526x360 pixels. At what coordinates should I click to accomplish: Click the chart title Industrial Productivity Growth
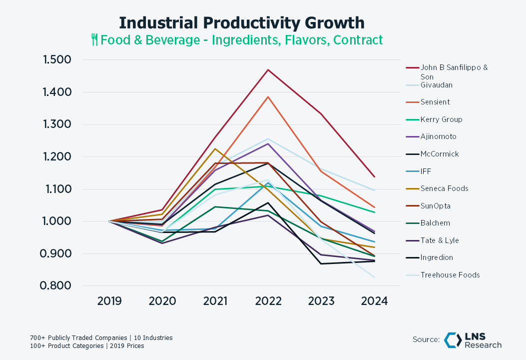click(242, 23)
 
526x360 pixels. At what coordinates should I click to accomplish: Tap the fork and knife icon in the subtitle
click(94, 39)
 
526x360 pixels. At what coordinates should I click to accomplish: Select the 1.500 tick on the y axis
click(57, 60)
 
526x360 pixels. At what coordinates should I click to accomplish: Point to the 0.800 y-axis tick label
click(55, 286)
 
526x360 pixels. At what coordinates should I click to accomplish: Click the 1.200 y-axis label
click(57, 156)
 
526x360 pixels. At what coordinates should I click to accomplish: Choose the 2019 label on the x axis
click(109, 301)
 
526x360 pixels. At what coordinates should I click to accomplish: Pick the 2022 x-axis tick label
click(268, 301)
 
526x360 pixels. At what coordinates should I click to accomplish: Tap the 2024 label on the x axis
click(374, 301)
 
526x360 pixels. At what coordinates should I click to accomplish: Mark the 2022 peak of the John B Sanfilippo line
click(268, 70)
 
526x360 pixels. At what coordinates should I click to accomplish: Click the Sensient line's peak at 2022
click(268, 96)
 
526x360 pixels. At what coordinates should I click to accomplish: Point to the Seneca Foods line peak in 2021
click(215, 148)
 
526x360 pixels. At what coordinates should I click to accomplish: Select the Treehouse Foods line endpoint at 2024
click(374, 277)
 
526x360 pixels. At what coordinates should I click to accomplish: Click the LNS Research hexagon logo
click(453, 340)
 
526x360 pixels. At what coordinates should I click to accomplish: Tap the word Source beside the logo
click(426, 339)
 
